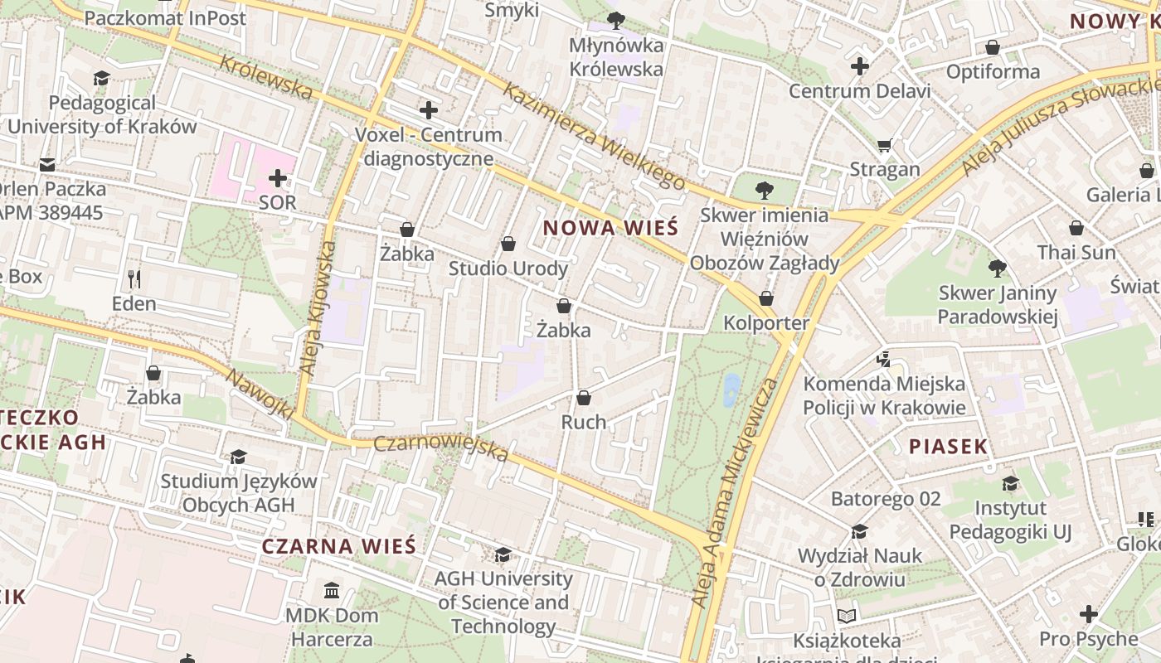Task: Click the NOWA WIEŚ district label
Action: (610, 228)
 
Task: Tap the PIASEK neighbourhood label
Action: (948, 447)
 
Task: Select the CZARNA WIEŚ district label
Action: (338, 546)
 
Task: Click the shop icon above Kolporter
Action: (766, 298)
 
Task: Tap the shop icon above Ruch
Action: (584, 398)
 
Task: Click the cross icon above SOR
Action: (277, 178)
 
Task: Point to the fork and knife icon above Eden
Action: (134, 278)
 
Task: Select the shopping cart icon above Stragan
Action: (885, 145)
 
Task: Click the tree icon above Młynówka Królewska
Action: (615, 20)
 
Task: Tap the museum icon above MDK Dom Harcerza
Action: (332, 591)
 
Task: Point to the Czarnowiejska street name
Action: (440, 448)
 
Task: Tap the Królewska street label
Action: (266, 77)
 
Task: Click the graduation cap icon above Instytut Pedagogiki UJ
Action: (1010, 483)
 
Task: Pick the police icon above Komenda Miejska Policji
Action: (884, 360)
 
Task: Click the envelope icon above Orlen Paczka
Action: (48, 165)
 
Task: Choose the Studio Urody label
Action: (508, 269)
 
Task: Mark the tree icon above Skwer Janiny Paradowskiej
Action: (998, 269)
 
